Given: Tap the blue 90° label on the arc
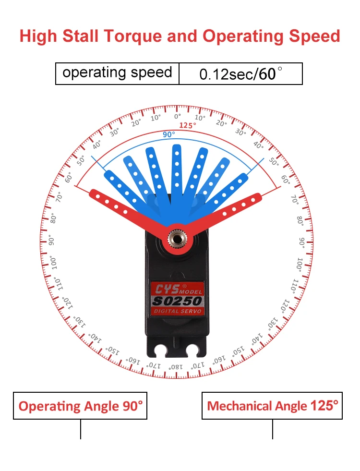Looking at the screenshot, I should [168, 135].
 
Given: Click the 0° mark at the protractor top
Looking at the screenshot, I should [178, 117].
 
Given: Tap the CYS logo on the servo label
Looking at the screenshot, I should [166, 290].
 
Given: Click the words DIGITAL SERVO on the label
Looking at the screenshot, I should [178, 311].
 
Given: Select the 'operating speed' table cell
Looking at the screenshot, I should [117, 73].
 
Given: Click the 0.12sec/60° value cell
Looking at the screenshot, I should [240, 74].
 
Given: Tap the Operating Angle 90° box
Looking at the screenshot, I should [80, 406].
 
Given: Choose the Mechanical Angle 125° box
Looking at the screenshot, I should [272, 406].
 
